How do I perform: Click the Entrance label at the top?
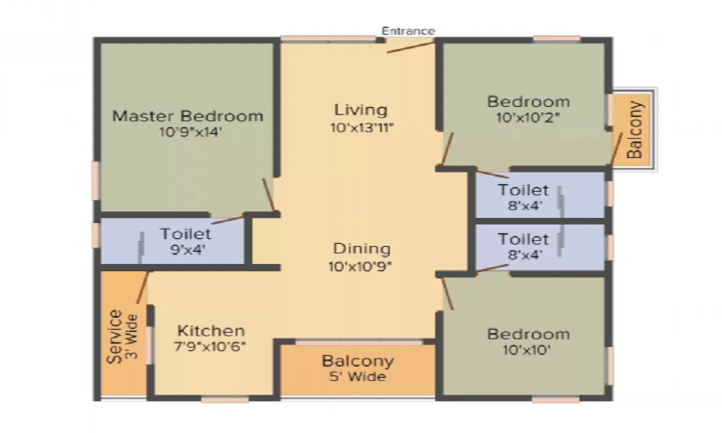click(x=409, y=31)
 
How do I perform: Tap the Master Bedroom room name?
click(x=188, y=116)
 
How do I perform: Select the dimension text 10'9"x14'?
click(x=191, y=133)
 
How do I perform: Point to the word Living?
click(x=361, y=110)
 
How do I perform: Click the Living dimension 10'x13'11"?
click(x=362, y=128)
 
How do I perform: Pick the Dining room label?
click(x=362, y=249)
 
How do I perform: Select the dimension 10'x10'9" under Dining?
click(x=360, y=266)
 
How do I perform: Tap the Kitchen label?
click(x=211, y=331)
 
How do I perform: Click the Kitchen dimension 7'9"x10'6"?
click(x=210, y=346)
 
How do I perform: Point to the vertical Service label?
click(x=115, y=337)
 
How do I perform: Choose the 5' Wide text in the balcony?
click(x=358, y=377)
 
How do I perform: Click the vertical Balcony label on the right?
click(x=635, y=130)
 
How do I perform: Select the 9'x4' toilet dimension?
click(x=188, y=250)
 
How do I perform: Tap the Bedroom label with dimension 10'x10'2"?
click(x=529, y=102)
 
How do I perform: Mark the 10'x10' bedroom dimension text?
click(x=527, y=350)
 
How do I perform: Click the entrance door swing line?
click(x=411, y=47)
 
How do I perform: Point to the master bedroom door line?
click(x=269, y=195)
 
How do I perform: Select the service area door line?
click(x=143, y=288)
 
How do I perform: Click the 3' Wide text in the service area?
click(x=132, y=337)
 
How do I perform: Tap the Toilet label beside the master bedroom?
click(x=186, y=234)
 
